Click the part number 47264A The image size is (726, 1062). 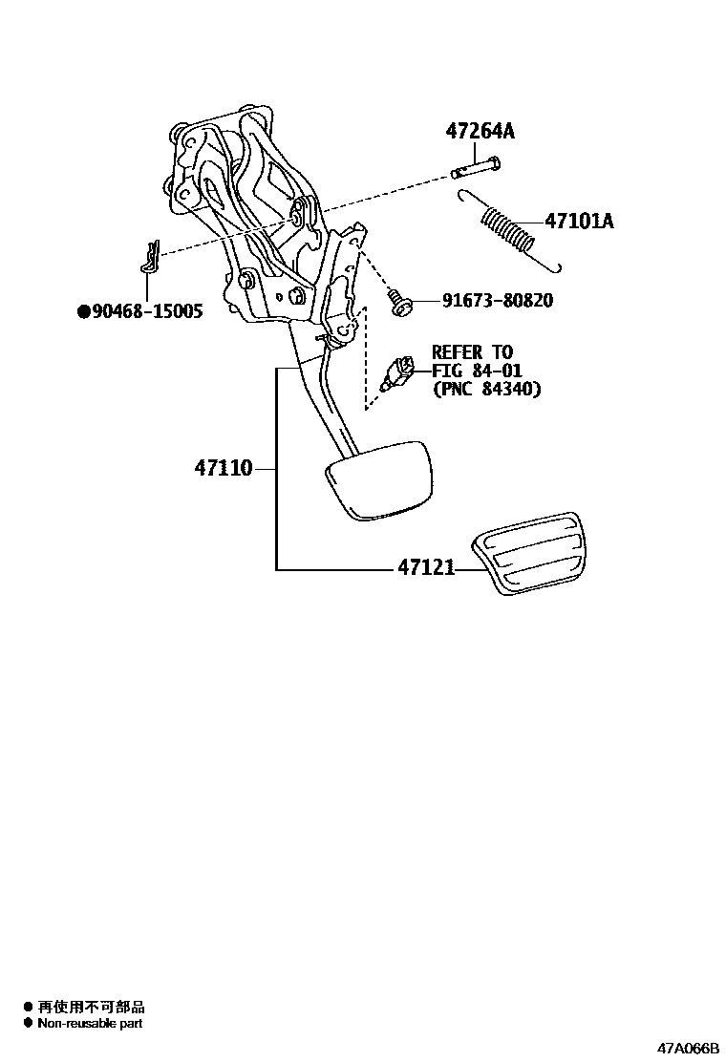tap(480, 132)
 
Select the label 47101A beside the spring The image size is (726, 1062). tap(579, 222)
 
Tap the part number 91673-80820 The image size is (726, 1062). tap(497, 301)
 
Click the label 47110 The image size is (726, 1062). tap(224, 468)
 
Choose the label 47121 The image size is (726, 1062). tap(425, 568)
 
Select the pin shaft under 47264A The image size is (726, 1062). tap(476, 166)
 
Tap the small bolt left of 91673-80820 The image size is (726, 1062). tap(399, 303)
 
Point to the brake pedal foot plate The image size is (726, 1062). tap(377, 479)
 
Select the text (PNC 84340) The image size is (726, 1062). tap(486, 390)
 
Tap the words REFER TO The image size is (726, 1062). tap(472, 352)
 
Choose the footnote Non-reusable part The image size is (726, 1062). tap(90, 1023)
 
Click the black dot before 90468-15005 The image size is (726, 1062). tap(83, 311)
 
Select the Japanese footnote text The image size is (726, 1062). tap(91, 1007)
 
